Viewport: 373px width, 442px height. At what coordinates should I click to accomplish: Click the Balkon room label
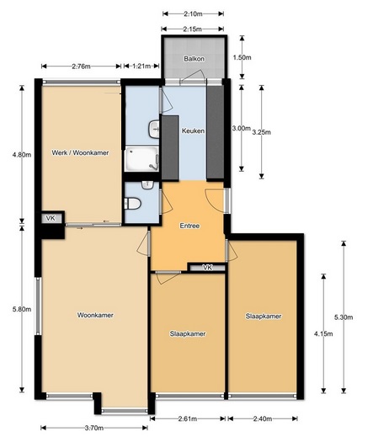tap(194, 59)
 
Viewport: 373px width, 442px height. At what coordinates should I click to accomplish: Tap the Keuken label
tap(193, 130)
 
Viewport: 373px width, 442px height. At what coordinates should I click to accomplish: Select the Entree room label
tap(189, 226)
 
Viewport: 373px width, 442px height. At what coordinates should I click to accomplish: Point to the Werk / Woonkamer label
tap(80, 152)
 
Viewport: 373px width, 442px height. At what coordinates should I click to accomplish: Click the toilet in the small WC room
tap(132, 203)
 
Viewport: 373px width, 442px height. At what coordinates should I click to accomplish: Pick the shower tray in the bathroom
tap(141, 159)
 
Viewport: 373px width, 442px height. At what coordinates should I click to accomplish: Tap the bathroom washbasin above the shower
tap(154, 130)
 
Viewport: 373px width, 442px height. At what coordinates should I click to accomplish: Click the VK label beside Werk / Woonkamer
tap(51, 218)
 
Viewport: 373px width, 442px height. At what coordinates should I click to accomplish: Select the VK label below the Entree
tap(207, 267)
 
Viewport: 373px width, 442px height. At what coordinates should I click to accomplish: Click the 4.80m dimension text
tap(22, 154)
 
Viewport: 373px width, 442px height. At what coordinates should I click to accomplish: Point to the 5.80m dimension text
tap(22, 309)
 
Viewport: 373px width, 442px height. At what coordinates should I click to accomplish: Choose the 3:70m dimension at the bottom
tap(94, 428)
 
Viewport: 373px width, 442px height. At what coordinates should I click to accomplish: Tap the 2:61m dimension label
tap(188, 418)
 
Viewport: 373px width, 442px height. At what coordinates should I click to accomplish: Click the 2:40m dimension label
tap(263, 418)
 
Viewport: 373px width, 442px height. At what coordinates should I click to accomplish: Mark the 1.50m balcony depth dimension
tap(242, 57)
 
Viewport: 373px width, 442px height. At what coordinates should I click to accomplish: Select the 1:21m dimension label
tap(141, 67)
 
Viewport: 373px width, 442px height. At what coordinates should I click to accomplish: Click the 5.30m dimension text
tap(344, 317)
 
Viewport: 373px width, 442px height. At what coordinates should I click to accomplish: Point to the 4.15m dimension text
tap(323, 333)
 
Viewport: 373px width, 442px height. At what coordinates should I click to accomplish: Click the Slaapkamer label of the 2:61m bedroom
tap(188, 333)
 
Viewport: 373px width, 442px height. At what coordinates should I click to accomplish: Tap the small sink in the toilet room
tap(147, 185)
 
